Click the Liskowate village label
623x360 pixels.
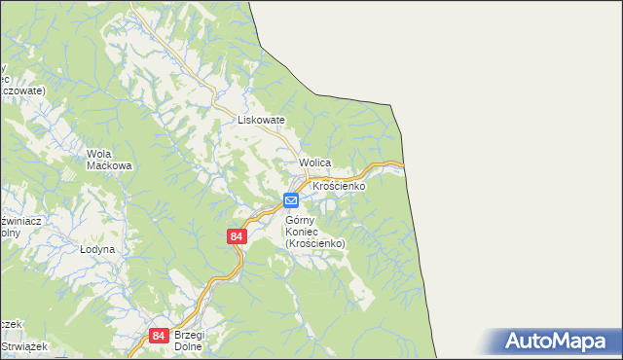pos(261,120)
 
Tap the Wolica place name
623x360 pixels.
pos(316,162)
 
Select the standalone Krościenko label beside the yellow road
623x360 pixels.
pos(338,185)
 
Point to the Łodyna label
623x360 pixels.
pos(97,250)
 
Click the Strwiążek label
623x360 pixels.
pos(18,346)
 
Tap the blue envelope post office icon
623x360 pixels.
pos(291,200)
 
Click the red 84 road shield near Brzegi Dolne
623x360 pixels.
pos(159,335)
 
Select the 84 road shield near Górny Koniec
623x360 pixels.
pos(237,236)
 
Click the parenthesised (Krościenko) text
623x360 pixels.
pos(317,243)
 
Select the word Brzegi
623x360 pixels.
pos(191,335)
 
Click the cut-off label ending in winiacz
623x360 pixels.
pos(18,221)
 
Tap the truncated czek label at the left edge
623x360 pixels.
pos(9,324)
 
